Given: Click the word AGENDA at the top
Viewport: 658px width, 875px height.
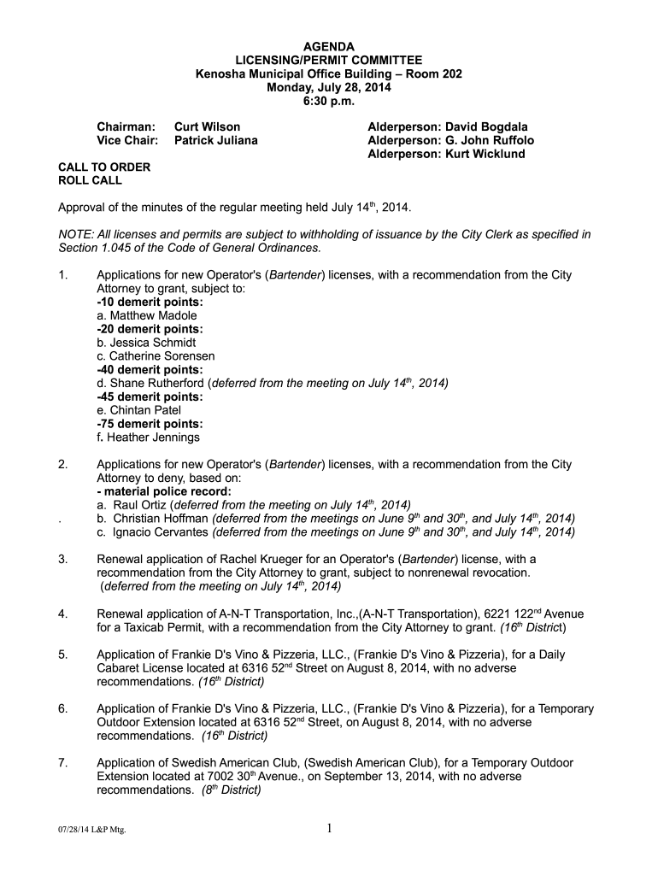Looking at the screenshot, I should pos(329,46).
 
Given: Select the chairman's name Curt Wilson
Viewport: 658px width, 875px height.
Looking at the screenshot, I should pos(208,126).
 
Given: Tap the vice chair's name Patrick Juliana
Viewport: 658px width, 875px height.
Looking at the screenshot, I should pos(215,140).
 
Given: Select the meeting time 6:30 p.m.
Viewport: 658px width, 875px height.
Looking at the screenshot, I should pos(329,101).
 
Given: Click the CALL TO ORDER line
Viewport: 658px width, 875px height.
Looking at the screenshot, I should pos(103,167).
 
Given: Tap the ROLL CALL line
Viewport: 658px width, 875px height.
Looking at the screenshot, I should pos(90,181).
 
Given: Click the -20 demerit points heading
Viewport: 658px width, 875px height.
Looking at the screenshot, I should pos(150,329).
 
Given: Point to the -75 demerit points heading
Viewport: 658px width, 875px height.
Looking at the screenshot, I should pos(150,424).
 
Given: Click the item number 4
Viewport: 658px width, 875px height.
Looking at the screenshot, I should pos(62,614).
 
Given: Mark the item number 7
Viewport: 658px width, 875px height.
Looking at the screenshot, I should pos(62,763).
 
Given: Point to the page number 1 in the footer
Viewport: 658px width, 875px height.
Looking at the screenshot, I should pos(329,826).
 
